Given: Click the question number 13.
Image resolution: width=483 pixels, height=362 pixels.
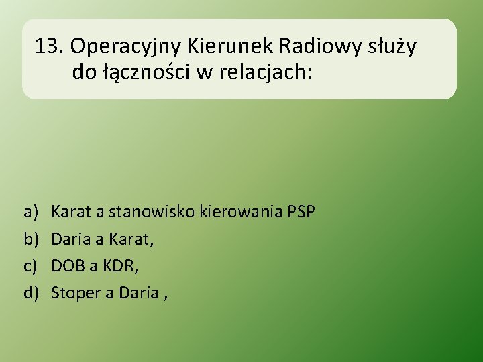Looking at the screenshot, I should [x=49, y=46].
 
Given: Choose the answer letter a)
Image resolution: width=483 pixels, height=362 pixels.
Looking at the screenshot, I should [x=31, y=213].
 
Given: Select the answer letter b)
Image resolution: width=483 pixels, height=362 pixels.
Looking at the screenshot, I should [x=31, y=239].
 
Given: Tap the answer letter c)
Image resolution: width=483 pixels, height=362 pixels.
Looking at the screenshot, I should [x=31, y=265].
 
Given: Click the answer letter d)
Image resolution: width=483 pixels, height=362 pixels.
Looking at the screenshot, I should [x=31, y=292].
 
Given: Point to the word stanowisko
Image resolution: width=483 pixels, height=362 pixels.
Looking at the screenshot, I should [x=148, y=213].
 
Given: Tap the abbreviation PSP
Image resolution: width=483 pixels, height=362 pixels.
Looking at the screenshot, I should [x=301, y=213].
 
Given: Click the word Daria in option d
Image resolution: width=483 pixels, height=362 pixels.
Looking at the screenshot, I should [x=139, y=292].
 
